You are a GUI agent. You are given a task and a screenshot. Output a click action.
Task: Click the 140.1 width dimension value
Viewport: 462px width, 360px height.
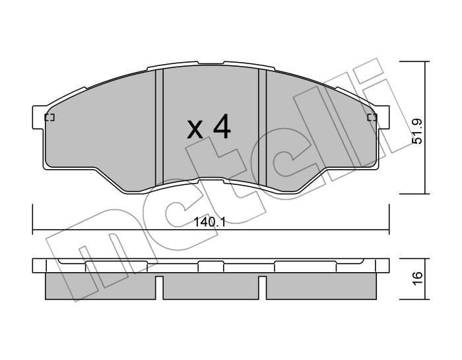(x=209, y=223)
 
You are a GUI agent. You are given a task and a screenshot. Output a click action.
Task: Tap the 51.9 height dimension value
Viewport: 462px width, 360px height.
(x=417, y=131)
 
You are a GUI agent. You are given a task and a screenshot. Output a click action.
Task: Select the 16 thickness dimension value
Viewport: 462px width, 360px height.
(x=417, y=278)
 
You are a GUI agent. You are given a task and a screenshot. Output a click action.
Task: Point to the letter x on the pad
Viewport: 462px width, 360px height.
(x=195, y=130)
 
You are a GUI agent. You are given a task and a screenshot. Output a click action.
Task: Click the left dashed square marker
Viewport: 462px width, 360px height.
(x=49, y=118)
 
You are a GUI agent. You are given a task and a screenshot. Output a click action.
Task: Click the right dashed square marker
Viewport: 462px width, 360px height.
(x=372, y=118)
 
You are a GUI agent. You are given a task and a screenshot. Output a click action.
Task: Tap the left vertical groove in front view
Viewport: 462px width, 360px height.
(x=159, y=127)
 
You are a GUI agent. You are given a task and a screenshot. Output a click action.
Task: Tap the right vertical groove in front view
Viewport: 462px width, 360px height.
(x=262, y=127)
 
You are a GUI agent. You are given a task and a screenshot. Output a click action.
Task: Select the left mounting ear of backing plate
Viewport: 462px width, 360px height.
(x=38, y=118)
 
